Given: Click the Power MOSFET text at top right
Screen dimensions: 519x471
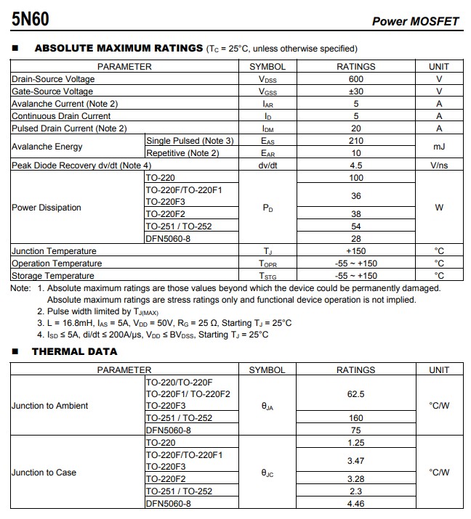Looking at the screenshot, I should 415,21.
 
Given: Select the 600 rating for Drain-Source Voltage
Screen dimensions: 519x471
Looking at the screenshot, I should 355,79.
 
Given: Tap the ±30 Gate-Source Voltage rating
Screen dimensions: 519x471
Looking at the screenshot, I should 355,91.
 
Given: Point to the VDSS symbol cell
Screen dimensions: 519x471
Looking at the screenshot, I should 267,79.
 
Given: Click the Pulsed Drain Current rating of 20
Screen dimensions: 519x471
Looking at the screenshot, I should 355,128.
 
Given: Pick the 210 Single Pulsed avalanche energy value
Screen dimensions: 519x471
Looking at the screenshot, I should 355,141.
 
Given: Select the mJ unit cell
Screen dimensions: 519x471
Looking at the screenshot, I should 439,147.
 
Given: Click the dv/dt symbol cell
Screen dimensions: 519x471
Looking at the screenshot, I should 267,165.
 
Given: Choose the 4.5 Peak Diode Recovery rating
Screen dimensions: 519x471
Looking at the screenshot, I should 355,165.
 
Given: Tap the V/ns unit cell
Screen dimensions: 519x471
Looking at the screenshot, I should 439,165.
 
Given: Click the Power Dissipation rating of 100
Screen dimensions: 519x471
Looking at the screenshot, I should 355,178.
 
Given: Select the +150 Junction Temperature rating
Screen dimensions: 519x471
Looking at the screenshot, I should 355,251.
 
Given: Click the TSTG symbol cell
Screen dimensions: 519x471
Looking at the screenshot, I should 267,276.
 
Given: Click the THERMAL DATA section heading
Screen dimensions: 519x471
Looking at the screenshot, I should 74,351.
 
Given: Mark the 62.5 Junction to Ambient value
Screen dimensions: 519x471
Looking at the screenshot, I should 355,394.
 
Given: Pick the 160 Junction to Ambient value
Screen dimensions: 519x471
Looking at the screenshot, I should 355,418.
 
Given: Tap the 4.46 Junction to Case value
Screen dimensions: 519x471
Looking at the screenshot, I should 355,504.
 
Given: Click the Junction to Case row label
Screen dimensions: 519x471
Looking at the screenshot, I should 44,473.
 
